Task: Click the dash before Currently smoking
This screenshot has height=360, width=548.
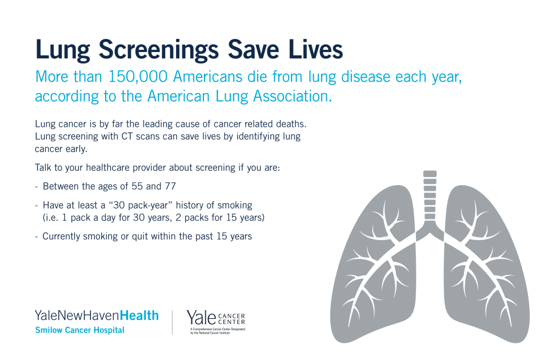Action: pos(37,236)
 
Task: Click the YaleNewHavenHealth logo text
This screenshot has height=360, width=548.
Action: pos(97,315)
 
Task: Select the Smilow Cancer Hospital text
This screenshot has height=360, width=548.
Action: pos(79,330)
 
